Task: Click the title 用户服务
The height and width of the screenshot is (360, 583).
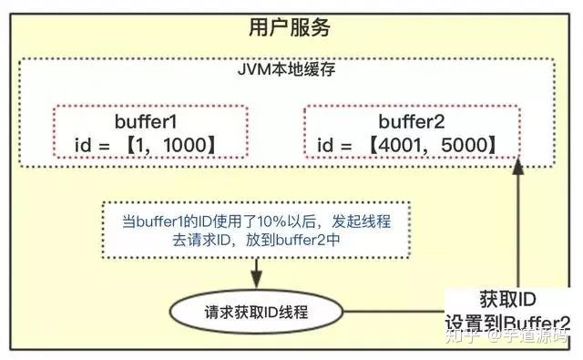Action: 291,29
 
